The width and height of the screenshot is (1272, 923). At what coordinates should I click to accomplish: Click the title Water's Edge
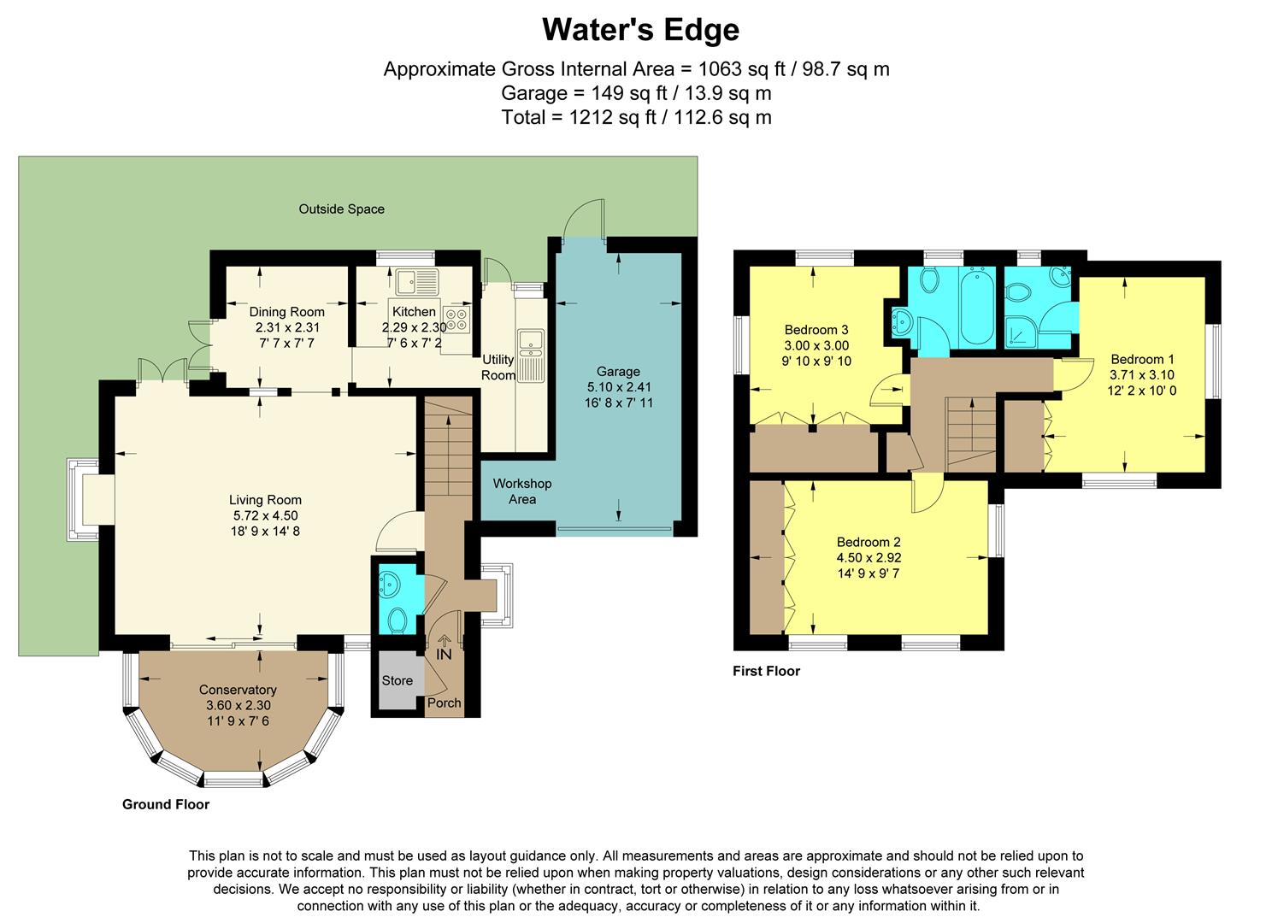pyautogui.click(x=640, y=30)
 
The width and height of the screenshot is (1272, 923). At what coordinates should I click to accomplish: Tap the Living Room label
pyautogui.click(x=265, y=500)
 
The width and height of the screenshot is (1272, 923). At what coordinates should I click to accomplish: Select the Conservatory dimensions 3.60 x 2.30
pyautogui.click(x=238, y=705)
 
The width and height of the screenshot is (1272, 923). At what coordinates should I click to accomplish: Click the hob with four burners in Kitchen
pyautogui.click(x=456, y=320)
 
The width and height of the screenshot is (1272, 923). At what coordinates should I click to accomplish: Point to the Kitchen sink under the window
pyautogui.click(x=416, y=280)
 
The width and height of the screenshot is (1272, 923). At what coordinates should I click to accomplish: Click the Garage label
pyautogui.click(x=618, y=371)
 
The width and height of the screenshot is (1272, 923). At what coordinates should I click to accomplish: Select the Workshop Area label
pyautogui.click(x=522, y=491)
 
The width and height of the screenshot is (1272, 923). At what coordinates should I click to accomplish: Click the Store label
pyautogui.click(x=397, y=680)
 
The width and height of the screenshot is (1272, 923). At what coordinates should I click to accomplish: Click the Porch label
pyautogui.click(x=444, y=703)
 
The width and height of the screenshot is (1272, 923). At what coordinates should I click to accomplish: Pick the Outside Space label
pyautogui.click(x=341, y=209)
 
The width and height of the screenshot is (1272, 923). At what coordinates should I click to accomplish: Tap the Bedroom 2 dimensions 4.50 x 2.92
pyautogui.click(x=869, y=557)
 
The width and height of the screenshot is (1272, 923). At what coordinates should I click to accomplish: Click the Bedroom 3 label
pyautogui.click(x=816, y=330)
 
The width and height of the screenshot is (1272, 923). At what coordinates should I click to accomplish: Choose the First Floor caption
pyautogui.click(x=766, y=671)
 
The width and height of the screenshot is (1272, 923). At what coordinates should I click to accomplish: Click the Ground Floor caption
pyautogui.click(x=166, y=804)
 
